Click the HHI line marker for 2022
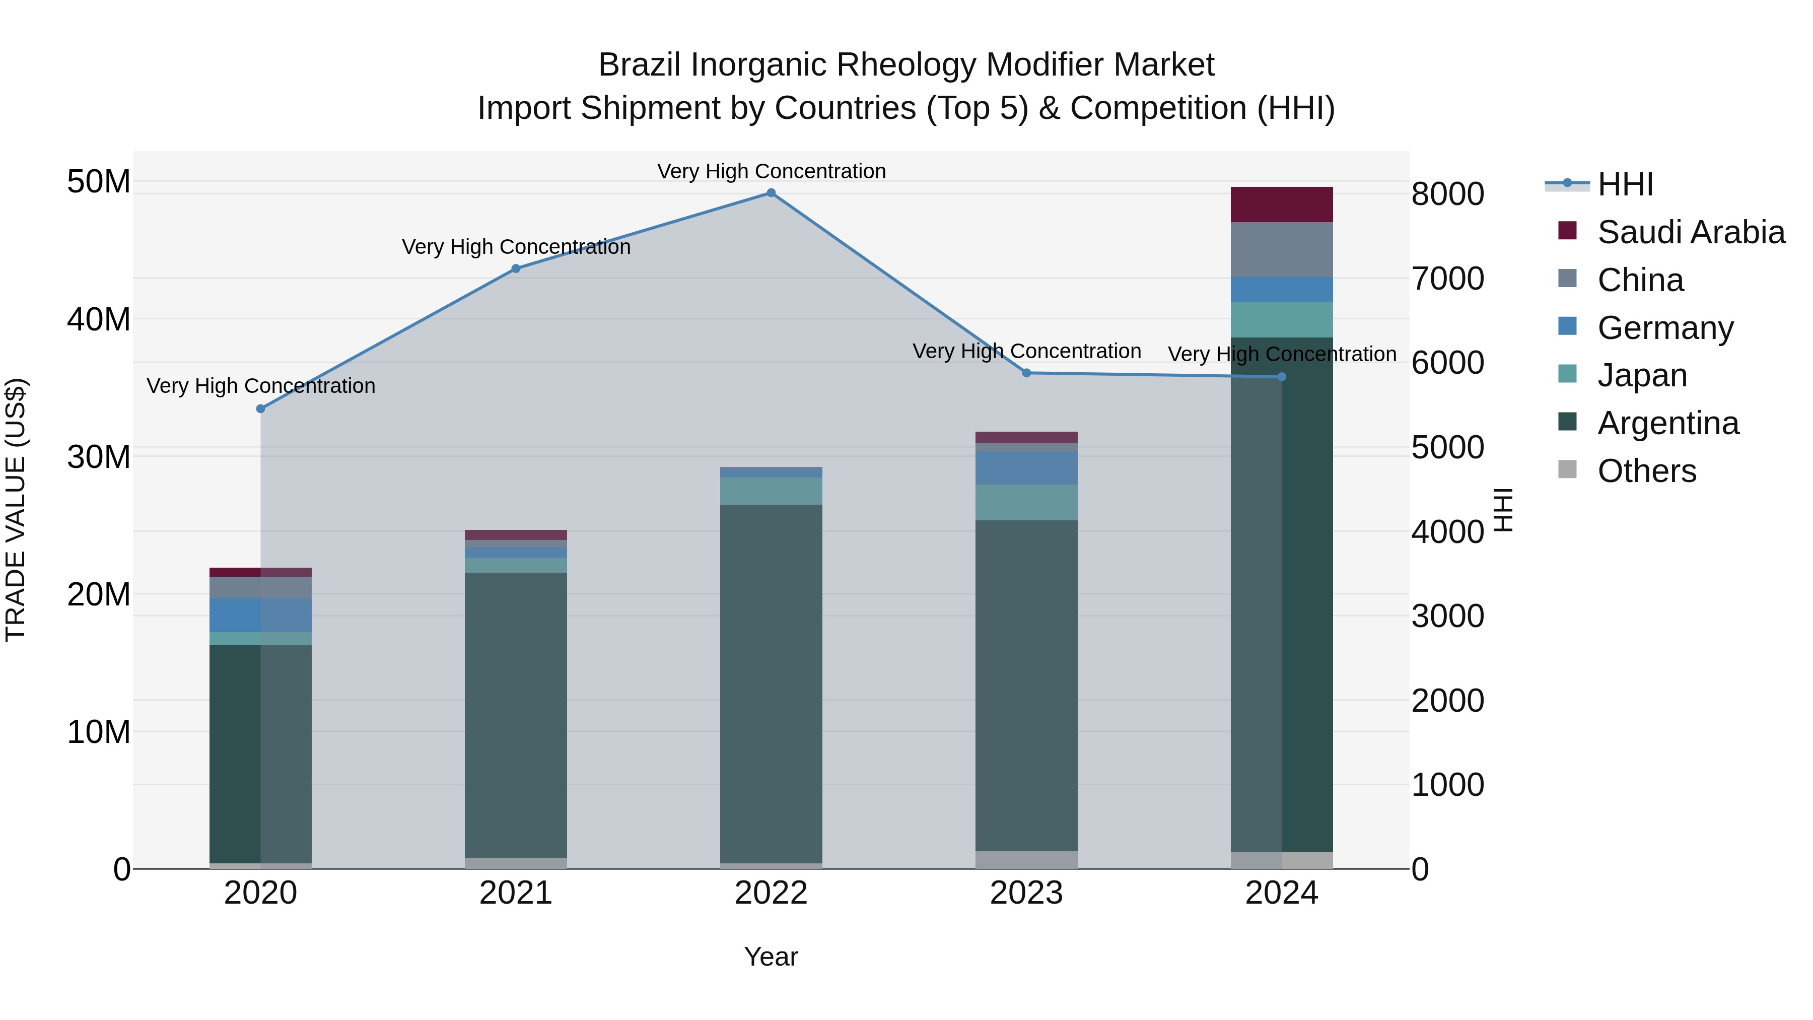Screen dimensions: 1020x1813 771,193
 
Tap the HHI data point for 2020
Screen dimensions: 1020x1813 260,409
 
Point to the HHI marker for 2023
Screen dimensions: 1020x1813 1026,373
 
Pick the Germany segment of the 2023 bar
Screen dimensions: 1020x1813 1026,468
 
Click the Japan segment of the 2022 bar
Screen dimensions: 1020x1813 771,491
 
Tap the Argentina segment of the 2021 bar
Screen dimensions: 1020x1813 516,714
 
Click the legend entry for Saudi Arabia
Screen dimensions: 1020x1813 1691,232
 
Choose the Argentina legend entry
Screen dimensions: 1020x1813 1667,423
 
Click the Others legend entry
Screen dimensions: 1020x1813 1646,471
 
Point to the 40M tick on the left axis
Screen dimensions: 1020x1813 99,319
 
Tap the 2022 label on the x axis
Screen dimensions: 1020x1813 771,893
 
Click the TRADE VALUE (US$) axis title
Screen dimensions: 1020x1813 16,510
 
